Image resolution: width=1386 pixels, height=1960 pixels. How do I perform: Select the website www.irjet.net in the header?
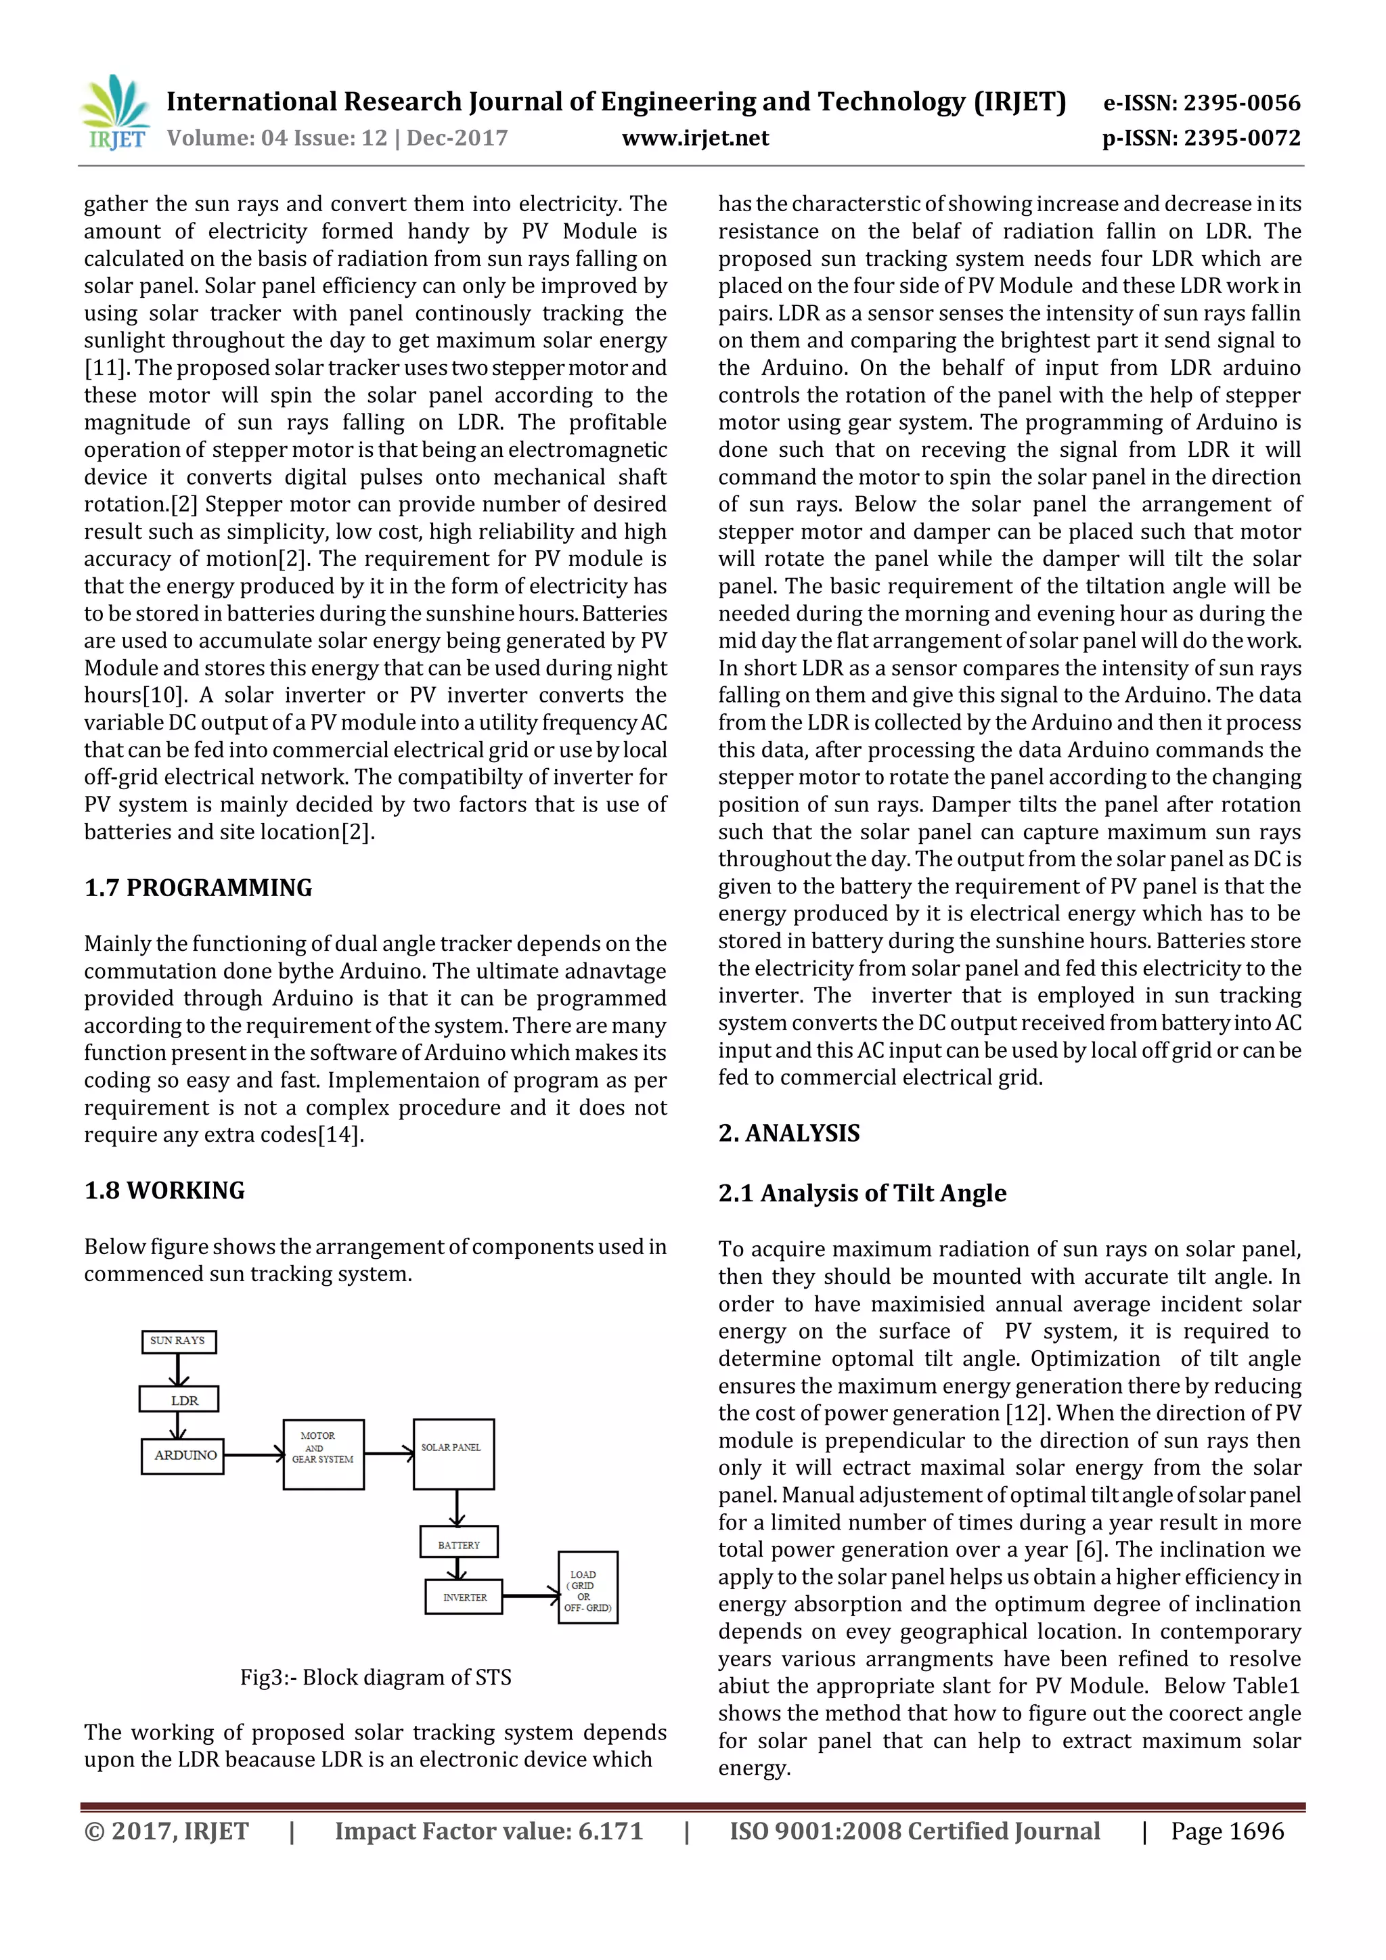tap(695, 138)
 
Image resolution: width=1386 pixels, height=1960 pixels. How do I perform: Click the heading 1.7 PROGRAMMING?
tap(198, 888)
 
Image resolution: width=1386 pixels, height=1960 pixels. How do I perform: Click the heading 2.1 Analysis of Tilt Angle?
tap(862, 1193)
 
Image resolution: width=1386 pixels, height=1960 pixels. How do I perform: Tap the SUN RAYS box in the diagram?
tap(179, 1341)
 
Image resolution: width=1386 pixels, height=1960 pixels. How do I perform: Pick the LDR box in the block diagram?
tap(179, 1400)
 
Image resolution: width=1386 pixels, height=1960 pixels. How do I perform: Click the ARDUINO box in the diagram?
tap(183, 1456)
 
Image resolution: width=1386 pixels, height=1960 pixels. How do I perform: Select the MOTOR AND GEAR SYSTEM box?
tap(323, 1454)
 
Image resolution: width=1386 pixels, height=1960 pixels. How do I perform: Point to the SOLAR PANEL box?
tap(453, 1454)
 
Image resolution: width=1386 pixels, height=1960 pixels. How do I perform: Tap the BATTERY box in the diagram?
tap(459, 1544)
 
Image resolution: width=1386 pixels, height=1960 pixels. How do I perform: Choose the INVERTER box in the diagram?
tap(464, 1597)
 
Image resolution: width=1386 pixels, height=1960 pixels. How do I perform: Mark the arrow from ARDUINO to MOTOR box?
tap(254, 1454)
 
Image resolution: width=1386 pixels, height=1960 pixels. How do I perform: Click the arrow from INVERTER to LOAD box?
tap(530, 1595)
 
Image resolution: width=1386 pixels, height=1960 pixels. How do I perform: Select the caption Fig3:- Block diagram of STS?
tap(376, 1678)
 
